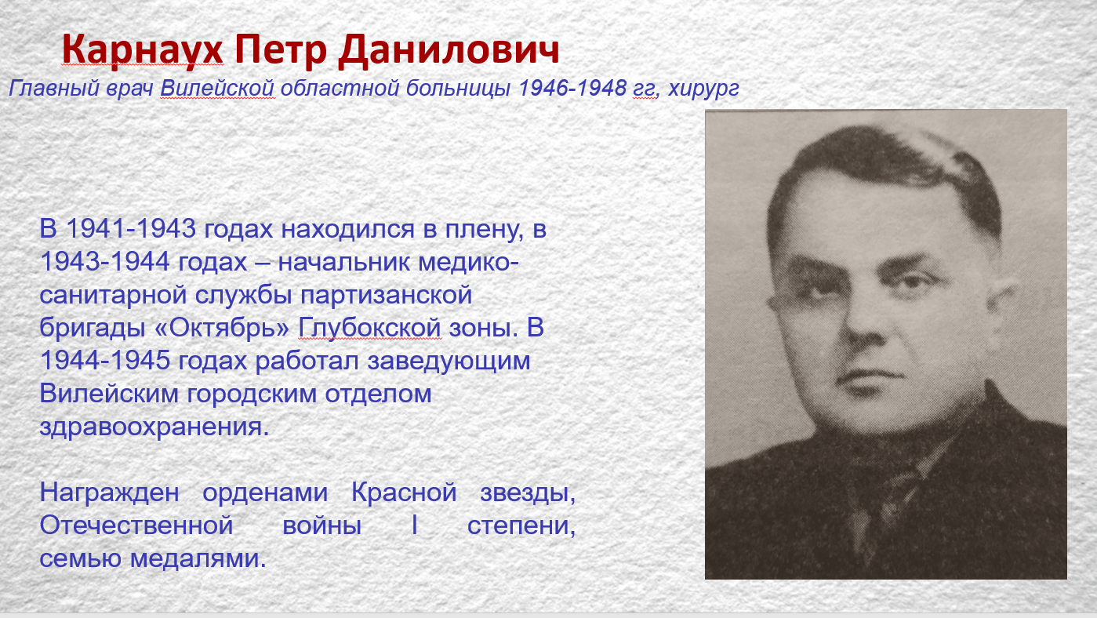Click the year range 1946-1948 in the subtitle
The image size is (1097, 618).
click(572, 88)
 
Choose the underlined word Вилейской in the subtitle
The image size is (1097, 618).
click(217, 88)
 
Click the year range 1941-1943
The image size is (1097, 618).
click(131, 229)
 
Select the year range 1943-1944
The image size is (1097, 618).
click(105, 261)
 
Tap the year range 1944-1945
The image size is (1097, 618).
click(105, 361)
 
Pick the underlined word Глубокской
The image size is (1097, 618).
click(370, 328)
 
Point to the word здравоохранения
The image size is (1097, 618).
click(154, 427)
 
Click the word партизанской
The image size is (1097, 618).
click(386, 296)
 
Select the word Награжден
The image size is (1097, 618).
click(109, 493)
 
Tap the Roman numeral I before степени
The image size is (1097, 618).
click(415, 525)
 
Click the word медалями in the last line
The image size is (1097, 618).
click(198, 558)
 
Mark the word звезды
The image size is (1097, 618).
click(528, 493)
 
